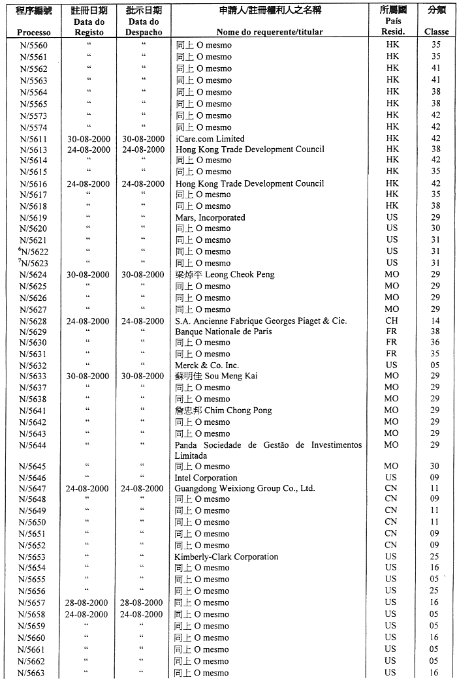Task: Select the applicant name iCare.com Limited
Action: tap(210, 139)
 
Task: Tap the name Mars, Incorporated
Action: tap(210, 217)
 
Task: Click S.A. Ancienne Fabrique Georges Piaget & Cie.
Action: tap(260, 321)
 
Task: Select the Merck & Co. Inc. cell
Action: tap(207, 365)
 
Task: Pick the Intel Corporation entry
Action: tap(206, 478)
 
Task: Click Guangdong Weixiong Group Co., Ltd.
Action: tap(244, 488)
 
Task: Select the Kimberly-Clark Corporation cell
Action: tap(226, 557)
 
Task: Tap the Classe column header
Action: tap(436, 31)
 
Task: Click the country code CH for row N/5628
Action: tap(391, 321)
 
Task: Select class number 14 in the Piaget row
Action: tap(435, 321)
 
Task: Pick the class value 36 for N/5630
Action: tap(435, 343)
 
